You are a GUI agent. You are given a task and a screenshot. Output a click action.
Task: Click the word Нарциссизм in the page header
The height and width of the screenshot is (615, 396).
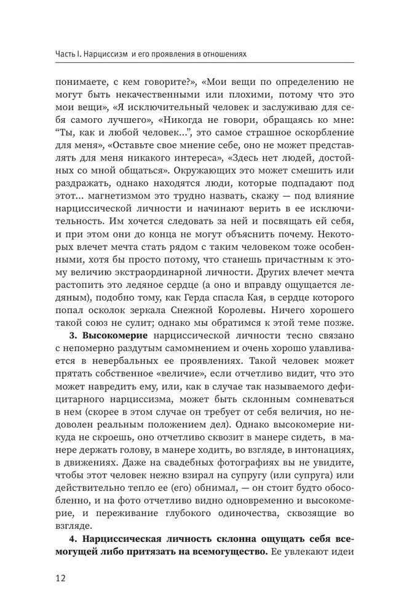pos(105,54)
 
